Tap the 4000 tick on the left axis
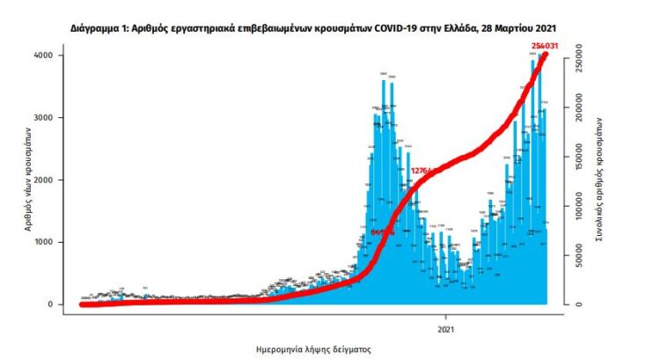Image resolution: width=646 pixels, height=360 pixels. pos(54,55)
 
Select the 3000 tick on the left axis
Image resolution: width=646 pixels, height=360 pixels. pos(54,118)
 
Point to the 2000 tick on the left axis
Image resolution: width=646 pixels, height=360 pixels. pos(54,180)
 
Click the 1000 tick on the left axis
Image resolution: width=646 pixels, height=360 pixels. pos(54,242)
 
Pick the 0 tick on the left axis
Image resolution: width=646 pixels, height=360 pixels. pos(62,305)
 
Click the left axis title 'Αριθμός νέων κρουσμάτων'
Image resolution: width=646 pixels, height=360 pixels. pos(27,180)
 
